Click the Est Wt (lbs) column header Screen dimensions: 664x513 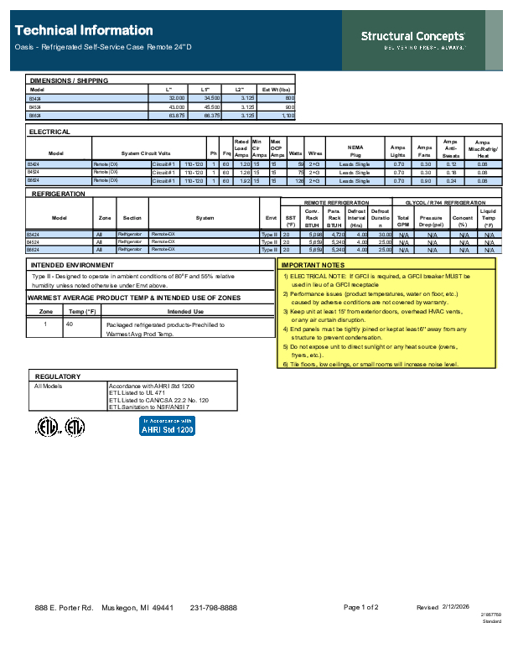coord(277,89)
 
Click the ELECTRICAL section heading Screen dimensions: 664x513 coord(49,132)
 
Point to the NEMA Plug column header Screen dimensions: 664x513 coord(355,152)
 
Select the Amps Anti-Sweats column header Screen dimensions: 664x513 coord(450,149)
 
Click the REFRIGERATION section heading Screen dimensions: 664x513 coord(59,194)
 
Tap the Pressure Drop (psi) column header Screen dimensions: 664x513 coord(431,220)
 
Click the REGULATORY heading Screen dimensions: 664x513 coord(57,376)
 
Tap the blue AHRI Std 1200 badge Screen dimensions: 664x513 coord(167,426)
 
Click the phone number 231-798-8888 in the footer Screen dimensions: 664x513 coord(214,607)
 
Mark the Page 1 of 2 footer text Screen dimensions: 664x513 coord(360,607)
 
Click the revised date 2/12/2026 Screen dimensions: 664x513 coord(457,606)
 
